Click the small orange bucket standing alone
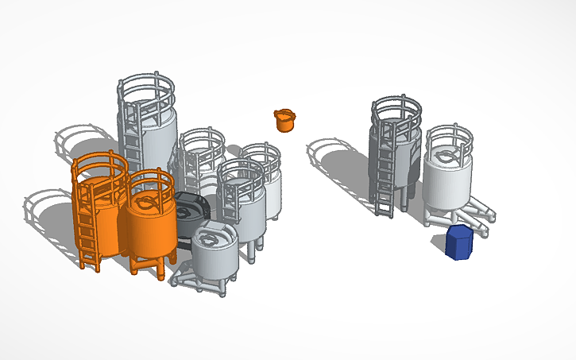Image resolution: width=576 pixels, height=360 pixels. click(284, 122)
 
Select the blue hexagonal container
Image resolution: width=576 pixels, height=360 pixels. click(459, 242)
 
